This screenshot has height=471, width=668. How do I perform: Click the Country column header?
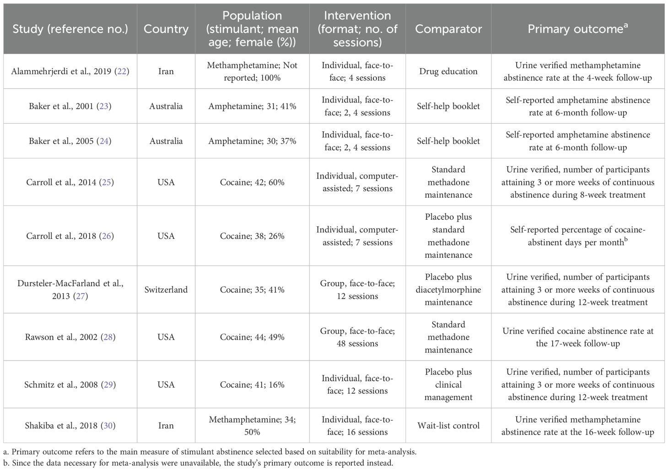166,29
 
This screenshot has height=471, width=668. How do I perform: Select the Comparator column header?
448,29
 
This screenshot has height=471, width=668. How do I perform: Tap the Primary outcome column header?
577,29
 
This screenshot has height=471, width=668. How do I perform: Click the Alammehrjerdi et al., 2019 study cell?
70,71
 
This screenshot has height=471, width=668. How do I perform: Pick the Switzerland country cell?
166,290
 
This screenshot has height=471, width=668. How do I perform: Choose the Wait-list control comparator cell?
448,426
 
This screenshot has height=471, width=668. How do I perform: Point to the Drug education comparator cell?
448,71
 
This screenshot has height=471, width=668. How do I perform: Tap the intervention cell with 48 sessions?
357,337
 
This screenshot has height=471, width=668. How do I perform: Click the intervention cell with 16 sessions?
357,426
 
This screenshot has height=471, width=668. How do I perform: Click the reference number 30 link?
108,426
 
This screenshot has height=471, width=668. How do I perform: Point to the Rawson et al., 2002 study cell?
70,337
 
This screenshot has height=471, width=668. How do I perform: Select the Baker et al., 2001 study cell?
70,106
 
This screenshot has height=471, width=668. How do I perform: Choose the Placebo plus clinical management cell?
448,384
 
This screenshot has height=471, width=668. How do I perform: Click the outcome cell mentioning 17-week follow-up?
577,337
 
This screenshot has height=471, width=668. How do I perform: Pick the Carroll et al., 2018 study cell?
70,236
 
